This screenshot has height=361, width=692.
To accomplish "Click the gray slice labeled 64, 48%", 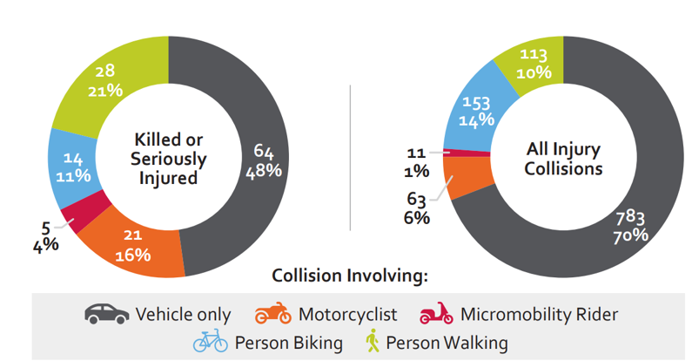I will (x=261, y=157).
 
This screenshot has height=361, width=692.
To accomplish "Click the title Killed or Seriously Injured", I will (x=170, y=159).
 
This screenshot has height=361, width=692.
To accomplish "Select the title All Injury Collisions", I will (x=564, y=159).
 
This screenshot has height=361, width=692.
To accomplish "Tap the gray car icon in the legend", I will (x=106, y=313).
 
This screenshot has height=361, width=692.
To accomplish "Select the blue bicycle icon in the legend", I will (x=212, y=341).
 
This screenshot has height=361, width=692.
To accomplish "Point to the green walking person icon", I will (x=373, y=341).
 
